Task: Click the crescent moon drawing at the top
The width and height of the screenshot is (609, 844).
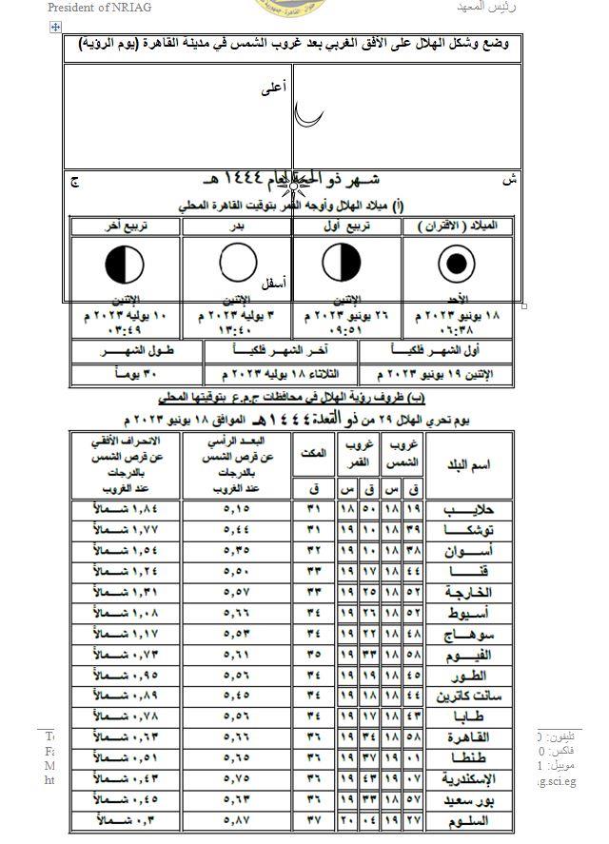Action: [x=305, y=114]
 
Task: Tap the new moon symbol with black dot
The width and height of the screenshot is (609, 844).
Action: [x=458, y=264]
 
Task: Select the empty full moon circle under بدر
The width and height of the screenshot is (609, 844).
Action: [x=238, y=264]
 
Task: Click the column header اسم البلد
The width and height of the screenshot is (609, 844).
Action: [x=468, y=464]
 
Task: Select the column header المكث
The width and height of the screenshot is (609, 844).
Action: [x=314, y=453]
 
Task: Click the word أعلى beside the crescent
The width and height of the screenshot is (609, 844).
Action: [x=273, y=88]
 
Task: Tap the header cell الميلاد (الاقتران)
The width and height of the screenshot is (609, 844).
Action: [x=458, y=226]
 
